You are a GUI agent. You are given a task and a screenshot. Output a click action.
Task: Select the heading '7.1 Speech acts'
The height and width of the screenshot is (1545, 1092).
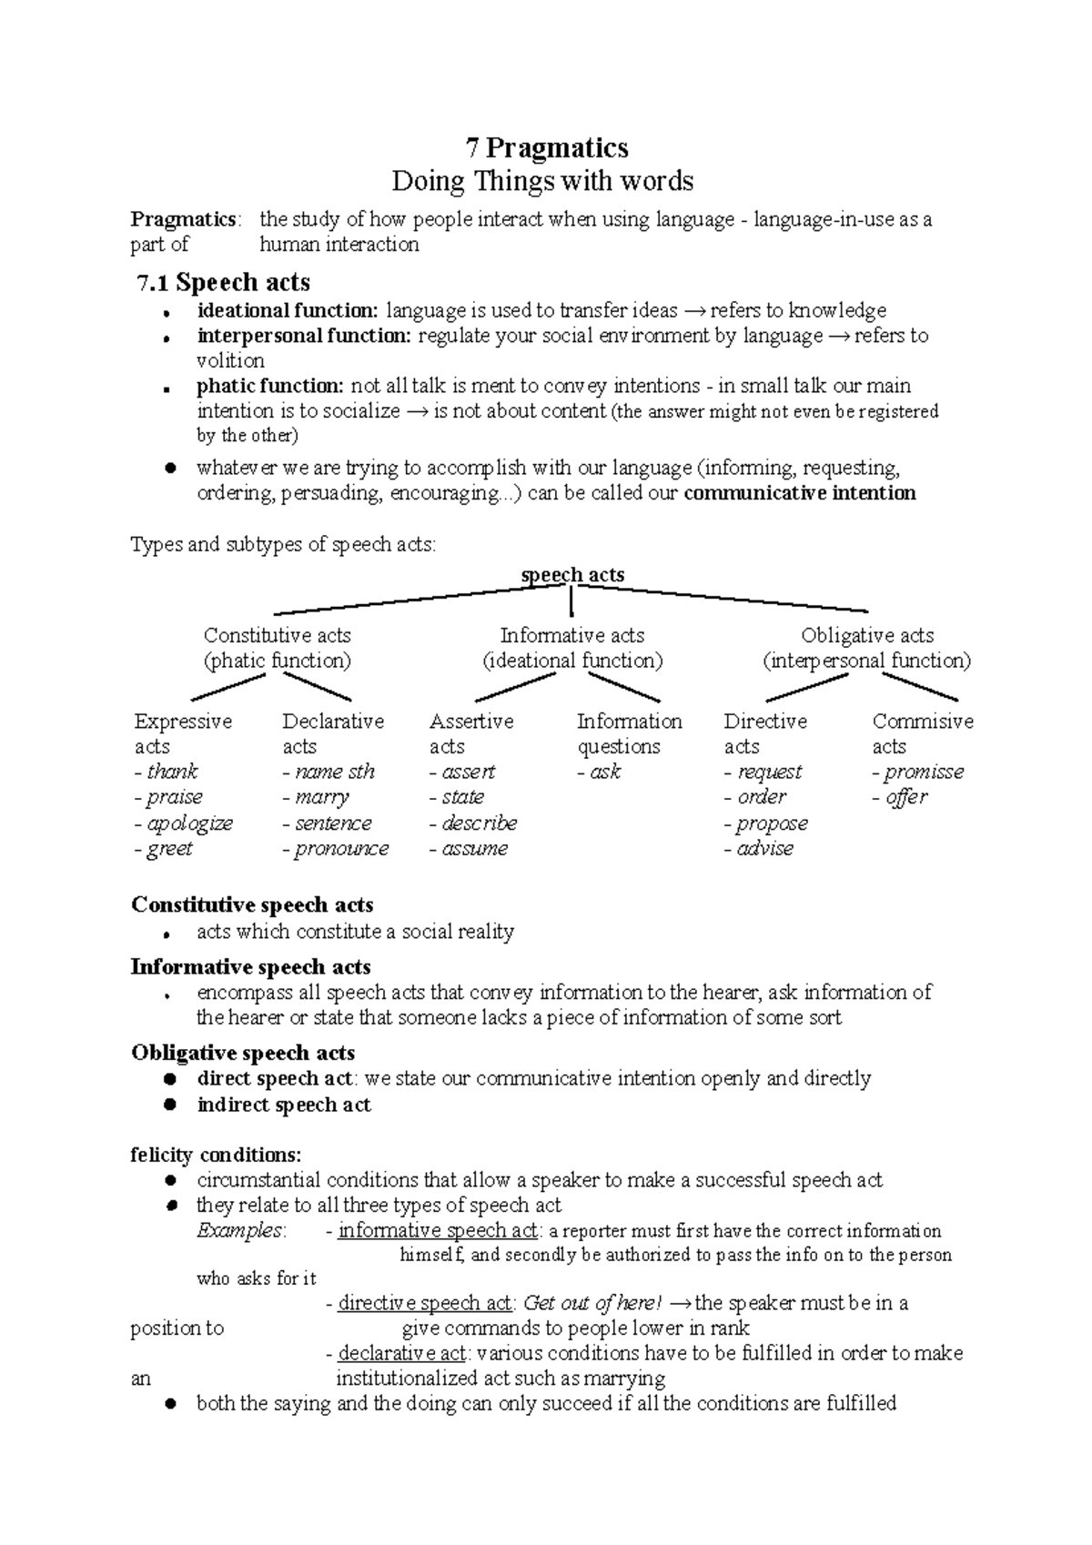(224, 282)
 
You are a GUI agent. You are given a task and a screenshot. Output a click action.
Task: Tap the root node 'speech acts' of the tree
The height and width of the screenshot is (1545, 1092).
(572, 575)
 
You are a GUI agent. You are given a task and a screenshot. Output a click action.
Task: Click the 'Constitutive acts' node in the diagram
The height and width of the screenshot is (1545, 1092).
(277, 635)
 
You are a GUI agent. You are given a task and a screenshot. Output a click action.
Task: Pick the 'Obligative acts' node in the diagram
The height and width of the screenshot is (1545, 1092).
(866, 635)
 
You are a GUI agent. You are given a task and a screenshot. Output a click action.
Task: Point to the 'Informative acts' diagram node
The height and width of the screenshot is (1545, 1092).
(572, 635)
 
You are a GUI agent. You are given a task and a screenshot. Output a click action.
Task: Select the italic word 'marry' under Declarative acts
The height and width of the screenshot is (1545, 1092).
(322, 797)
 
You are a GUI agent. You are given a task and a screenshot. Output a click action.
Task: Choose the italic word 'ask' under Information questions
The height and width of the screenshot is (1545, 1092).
(605, 772)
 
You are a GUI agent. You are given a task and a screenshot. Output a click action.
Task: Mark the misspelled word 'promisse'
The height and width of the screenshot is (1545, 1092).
(924, 772)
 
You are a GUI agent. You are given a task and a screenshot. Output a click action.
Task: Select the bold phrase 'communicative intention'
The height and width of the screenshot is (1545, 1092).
(799, 493)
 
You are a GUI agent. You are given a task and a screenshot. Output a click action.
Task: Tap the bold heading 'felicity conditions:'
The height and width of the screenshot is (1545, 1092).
(216, 1156)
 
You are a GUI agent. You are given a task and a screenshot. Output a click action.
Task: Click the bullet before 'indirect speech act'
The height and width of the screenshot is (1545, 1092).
(169, 1105)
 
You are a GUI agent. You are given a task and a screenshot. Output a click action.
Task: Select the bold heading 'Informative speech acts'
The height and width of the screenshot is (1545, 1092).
(250, 967)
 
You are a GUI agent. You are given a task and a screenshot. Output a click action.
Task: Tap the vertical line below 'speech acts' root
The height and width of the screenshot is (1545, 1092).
(571, 602)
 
